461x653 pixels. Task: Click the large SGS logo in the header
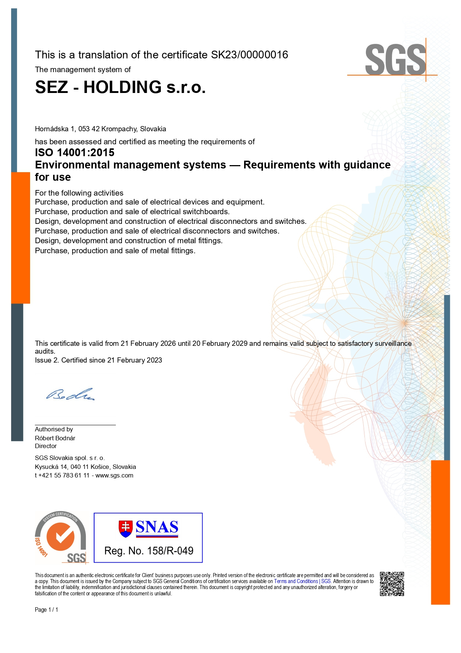pos(395,59)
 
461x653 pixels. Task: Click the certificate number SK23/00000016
pos(249,55)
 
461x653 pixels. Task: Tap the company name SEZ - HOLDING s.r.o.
pos(120,87)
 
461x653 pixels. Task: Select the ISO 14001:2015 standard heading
pos(75,152)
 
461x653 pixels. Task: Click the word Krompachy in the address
pos(119,129)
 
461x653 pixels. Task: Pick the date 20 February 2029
pos(220,343)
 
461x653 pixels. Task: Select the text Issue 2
pos(47,360)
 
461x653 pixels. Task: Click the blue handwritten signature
pos(70,395)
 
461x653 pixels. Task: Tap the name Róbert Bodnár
pos(55,438)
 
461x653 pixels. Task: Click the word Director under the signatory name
pos(46,446)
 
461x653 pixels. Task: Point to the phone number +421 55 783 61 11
pos(64,475)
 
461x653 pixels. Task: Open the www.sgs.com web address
pos(114,475)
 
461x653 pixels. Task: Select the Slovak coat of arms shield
pos(126,528)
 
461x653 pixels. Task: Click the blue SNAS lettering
pos(157,527)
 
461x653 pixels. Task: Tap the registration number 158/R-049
pos(170,551)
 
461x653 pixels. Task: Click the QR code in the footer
pos(392,584)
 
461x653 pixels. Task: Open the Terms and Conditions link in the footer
pos(296,581)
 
